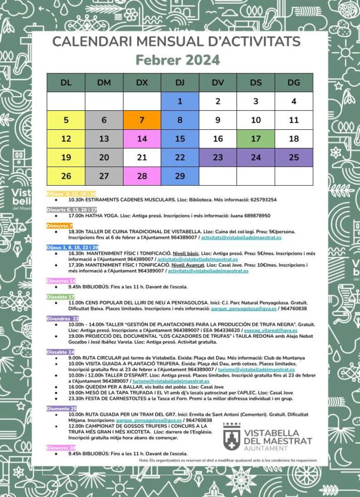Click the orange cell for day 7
tap(142, 120)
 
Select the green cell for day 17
tap(256, 139)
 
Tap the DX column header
tap(142, 83)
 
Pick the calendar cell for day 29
tap(179, 176)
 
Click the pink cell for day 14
tap(142, 139)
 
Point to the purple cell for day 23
tap(218, 157)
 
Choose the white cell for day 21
tap(142, 157)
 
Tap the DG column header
tap(294, 83)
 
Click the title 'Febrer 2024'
tap(177, 60)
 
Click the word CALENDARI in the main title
tap(83, 41)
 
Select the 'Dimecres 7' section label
tap(59, 226)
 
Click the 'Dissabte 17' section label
tap(60, 296)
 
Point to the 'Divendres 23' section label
tap(63, 319)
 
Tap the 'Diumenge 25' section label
tap(61, 408)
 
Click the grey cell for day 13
tap(104, 139)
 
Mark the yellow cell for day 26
tap(66, 176)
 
